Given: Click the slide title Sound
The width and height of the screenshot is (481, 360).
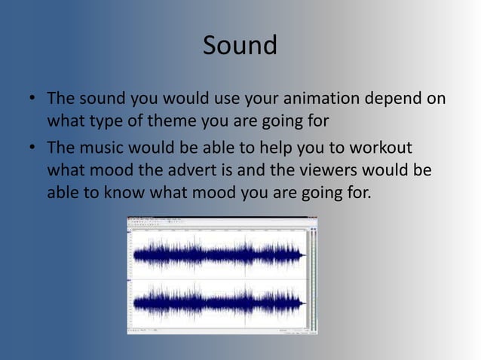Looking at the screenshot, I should coord(240,45).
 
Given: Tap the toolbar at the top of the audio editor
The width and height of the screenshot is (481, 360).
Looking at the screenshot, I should coord(219,221).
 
